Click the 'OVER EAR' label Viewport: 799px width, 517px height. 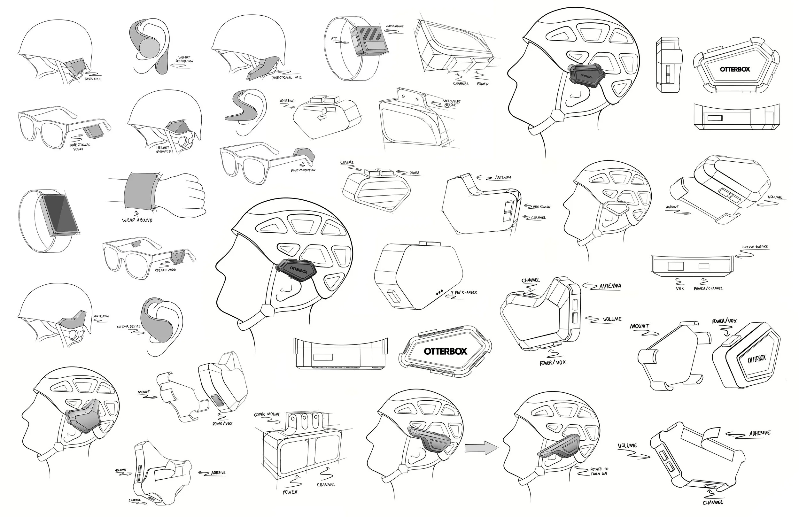click(93, 79)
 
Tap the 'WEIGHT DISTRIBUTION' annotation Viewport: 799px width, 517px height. click(184, 59)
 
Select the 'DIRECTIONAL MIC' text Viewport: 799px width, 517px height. click(286, 78)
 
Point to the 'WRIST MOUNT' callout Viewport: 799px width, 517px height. click(394, 26)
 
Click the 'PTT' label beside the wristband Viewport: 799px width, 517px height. click(334, 39)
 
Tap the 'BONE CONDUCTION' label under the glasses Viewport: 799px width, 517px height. click(303, 170)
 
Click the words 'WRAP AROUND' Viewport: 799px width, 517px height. click(137, 220)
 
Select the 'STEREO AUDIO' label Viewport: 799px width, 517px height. click(165, 270)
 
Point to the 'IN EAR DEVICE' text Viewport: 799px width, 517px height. click(128, 326)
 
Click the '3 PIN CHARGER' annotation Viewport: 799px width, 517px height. click(464, 292)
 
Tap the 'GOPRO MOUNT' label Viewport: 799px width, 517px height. click(267, 414)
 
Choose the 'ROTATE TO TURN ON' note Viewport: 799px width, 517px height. click(599, 471)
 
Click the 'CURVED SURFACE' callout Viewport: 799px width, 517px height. click(755, 247)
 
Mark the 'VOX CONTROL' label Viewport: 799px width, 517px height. click(541, 207)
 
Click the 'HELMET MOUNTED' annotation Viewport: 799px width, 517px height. click(164, 150)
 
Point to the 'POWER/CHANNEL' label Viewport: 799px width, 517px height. click(708, 289)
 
